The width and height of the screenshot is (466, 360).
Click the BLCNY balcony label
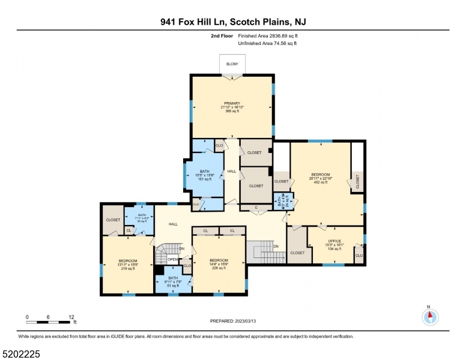click(x=232, y=64)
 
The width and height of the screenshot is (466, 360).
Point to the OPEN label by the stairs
click(x=173, y=259)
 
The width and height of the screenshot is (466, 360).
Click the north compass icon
click(x=430, y=317)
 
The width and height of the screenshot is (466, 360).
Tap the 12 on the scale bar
click(x=71, y=316)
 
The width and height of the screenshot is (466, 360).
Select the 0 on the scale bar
click(x=27, y=316)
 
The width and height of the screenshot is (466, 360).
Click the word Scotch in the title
click(x=240, y=22)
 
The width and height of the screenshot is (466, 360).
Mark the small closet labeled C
click(x=256, y=208)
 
